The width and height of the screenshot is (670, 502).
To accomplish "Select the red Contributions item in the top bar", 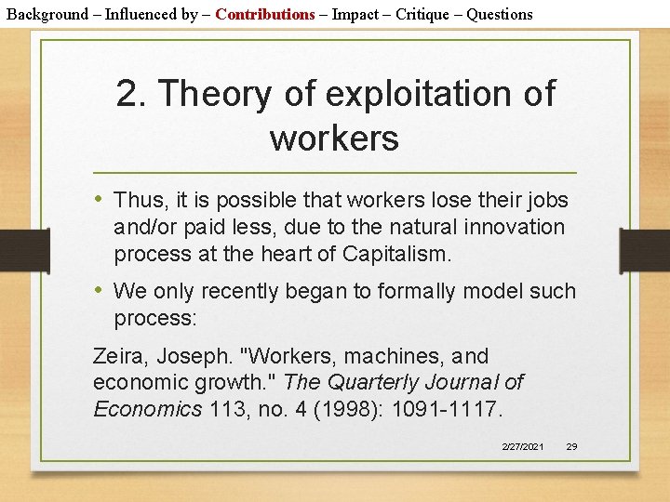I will (x=265, y=14).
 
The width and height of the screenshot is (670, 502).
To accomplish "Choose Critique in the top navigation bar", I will (x=431, y=14).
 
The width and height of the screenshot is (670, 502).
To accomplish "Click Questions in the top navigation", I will (x=500, y=14).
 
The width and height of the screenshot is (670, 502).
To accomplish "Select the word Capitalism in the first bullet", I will (x=396, y=254).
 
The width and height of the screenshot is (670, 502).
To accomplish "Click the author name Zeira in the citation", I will (x=116, y=356).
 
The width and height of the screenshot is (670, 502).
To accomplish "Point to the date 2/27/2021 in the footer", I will (x=523, y=447).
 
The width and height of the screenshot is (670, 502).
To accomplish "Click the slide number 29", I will (x=571, y=447).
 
